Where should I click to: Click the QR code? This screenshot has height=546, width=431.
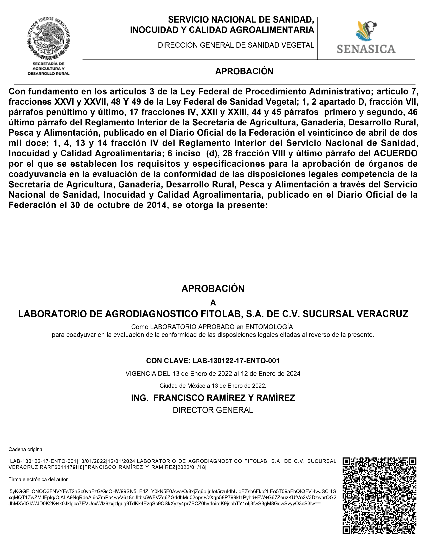click(x=379, y=495)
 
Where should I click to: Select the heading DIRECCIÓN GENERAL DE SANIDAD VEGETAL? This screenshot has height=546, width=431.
click(x=236, y=45)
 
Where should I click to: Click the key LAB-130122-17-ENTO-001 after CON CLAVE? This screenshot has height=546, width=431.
click(x=236, y=361)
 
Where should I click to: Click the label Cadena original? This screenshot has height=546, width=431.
click(x=26, y=449)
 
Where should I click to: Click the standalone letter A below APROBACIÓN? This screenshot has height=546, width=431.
click(x=213, y=302)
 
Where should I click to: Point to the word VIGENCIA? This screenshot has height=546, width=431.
click(x=140, y=374)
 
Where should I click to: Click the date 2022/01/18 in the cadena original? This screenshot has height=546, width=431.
click(x=191, y=467)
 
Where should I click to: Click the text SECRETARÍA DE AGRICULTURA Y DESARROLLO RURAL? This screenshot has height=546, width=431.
click(x=48, y=69)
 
